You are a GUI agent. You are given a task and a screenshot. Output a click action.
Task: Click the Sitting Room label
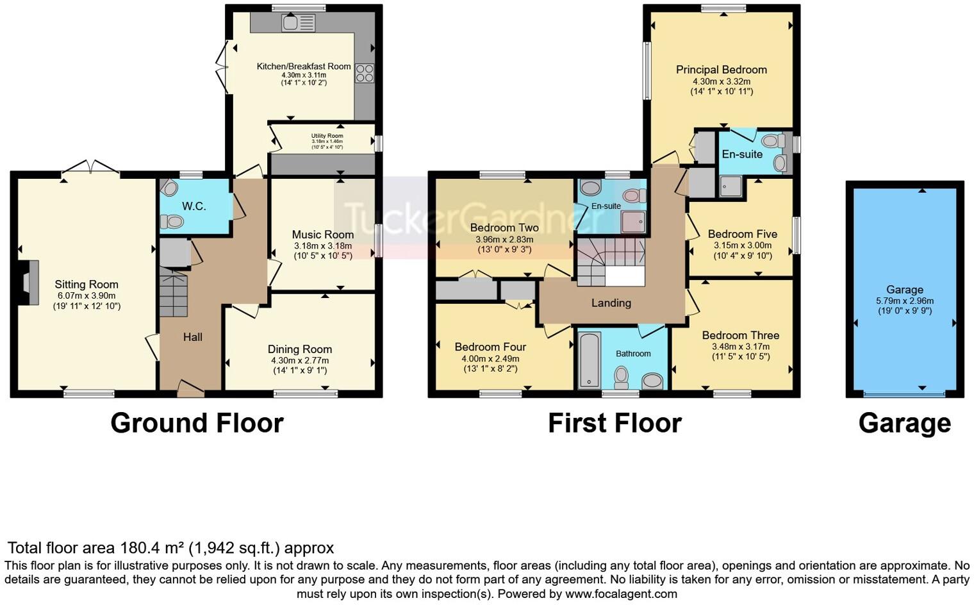coord(87,285)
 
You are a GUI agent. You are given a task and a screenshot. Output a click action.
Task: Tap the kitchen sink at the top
coord(299,24)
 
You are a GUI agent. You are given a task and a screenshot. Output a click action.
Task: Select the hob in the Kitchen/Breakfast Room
coord(364,73)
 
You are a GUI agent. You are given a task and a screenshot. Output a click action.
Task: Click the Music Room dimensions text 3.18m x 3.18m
coord(322,245)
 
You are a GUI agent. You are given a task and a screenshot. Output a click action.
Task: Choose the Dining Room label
coord(300,349)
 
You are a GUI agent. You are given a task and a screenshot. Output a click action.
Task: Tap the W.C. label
coord(194,206)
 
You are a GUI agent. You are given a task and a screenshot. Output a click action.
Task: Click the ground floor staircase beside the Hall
coord(173,293)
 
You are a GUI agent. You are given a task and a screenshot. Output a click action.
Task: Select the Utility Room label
coord(327,136)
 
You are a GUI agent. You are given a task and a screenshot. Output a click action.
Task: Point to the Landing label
coord(611,303)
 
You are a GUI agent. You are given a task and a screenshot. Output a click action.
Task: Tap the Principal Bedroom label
coord(722,70)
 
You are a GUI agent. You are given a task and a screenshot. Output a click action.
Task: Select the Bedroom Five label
coord(742,234)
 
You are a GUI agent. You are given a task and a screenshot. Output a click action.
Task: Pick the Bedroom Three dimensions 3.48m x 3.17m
coord(741,347)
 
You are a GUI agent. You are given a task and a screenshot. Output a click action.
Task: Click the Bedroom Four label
coord(490,347)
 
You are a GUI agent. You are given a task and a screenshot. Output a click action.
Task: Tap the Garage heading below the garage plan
coord(904,423)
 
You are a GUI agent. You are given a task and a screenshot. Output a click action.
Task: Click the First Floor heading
coord(615,423)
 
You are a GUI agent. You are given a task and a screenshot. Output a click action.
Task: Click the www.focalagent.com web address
coord(621,593)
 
